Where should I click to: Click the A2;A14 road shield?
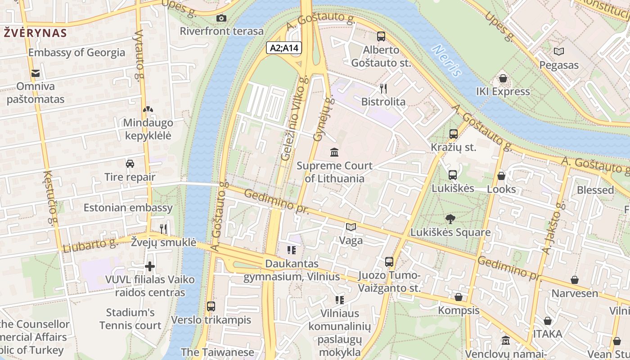284,48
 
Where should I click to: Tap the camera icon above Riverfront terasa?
221,18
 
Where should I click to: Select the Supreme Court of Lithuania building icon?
334,153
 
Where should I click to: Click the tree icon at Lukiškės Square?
450,219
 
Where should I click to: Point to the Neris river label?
447,60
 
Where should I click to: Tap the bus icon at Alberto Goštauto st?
381,36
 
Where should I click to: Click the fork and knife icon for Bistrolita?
383,89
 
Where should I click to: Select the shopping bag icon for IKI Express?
503,78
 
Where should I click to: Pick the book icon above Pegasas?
559,52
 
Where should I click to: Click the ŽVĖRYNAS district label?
35,33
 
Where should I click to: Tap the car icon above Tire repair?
130,163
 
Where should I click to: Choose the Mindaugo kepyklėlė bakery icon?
148,109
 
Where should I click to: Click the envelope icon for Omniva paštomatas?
35,73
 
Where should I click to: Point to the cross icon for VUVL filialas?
150,266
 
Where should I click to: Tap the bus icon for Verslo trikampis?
211,306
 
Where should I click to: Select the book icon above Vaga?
351,227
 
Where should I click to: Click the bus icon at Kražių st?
453,134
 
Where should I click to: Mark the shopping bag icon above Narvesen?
575,280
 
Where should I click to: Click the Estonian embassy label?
128,207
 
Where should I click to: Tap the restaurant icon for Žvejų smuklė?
163,229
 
